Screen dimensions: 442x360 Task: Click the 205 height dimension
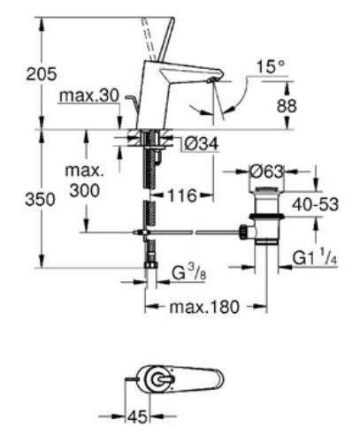[19, 75]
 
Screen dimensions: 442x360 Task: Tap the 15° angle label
[271, 66]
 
